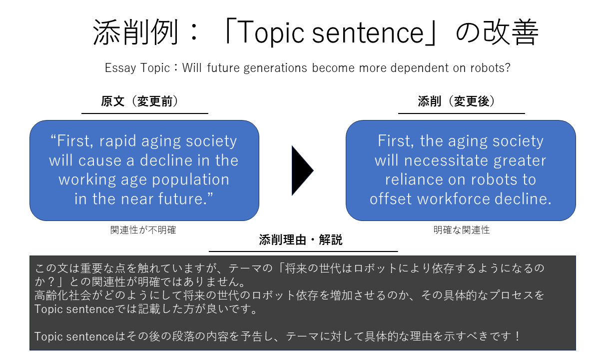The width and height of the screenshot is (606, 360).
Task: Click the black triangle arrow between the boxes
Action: [x=302, y=170]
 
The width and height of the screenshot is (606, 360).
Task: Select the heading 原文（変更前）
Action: [x=139, y=101]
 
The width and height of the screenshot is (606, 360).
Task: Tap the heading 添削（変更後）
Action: [x=457, y=101]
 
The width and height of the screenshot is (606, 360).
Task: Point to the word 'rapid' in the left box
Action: [x=118, y=141]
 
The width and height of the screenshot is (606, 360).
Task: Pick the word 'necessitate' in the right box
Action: [x=447, y=161]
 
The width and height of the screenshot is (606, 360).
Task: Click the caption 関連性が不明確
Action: [x=143, y=230]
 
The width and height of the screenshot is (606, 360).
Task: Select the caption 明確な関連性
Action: [x=462, y=230]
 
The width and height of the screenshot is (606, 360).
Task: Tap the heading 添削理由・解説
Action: [x=301, y=240]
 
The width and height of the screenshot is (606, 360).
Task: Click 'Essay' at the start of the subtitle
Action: [x=120, y=68]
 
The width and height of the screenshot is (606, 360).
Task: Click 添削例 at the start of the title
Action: [x=135, y=32]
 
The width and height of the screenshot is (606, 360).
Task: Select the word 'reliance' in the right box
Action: [x=414, y=179]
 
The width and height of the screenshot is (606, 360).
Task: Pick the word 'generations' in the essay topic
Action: [x=275, y=68]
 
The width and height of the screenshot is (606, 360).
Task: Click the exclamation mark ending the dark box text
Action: [x=517, y=336]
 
